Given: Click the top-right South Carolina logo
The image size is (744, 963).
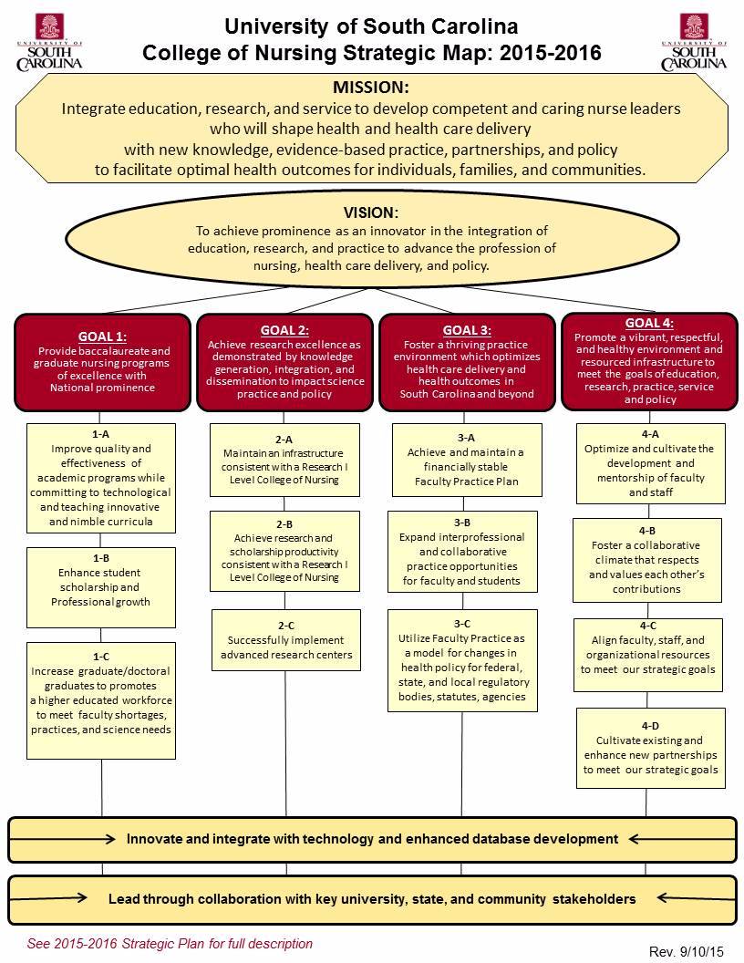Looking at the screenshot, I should point(694,42).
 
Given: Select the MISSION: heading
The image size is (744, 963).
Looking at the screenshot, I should point(371,88).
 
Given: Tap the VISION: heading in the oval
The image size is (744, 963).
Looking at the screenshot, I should point(370,211).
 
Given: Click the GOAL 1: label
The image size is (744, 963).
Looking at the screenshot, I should point(104,337).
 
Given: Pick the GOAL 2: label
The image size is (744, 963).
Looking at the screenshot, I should point(284,330).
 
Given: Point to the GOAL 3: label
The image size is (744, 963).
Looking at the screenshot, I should point(466,330).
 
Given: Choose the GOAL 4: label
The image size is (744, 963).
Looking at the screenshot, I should point(649,323).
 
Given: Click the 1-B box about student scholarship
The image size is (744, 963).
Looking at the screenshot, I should point(100,587).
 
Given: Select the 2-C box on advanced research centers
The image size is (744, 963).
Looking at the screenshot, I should point(284,640).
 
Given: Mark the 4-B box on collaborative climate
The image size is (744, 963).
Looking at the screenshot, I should point(649,560).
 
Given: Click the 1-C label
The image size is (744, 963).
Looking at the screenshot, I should point(100,657).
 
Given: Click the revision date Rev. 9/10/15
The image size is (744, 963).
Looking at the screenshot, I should point(687,951).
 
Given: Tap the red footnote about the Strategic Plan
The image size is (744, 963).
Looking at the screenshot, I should point(170,944).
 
